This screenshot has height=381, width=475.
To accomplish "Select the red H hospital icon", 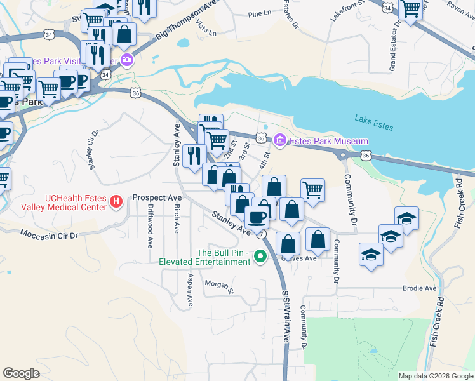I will [x=116, y=202].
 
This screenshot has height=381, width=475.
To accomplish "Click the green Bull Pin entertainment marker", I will [x=259, y=257].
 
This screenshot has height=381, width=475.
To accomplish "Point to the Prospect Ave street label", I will [x=157, y=197].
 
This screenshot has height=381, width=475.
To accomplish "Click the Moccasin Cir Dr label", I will [x=48, y=235].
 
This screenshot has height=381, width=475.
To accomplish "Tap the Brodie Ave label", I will [x=420, y=288].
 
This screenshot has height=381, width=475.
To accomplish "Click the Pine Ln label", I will [x=259, y=13].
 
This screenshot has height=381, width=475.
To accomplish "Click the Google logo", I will [x=21, y=373].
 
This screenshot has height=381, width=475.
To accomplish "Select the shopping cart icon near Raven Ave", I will [x=411, y=9].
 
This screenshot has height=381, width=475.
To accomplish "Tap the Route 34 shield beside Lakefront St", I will [x=387, y=6].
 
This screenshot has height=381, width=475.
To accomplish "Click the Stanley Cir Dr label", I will [x=93, y=151].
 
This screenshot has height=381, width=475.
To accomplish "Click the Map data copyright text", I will [x=435, y=376].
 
